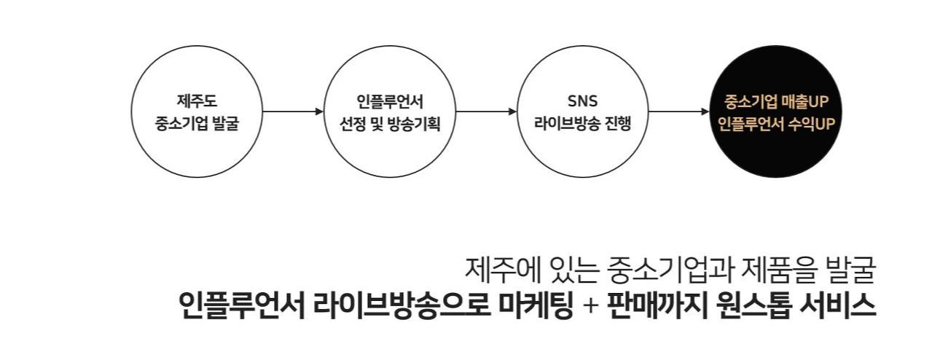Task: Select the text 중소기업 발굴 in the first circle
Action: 197,122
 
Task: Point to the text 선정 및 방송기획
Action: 390,122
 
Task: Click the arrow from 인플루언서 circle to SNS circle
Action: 485,112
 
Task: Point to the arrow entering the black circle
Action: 678,112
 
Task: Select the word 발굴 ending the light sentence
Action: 849,271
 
